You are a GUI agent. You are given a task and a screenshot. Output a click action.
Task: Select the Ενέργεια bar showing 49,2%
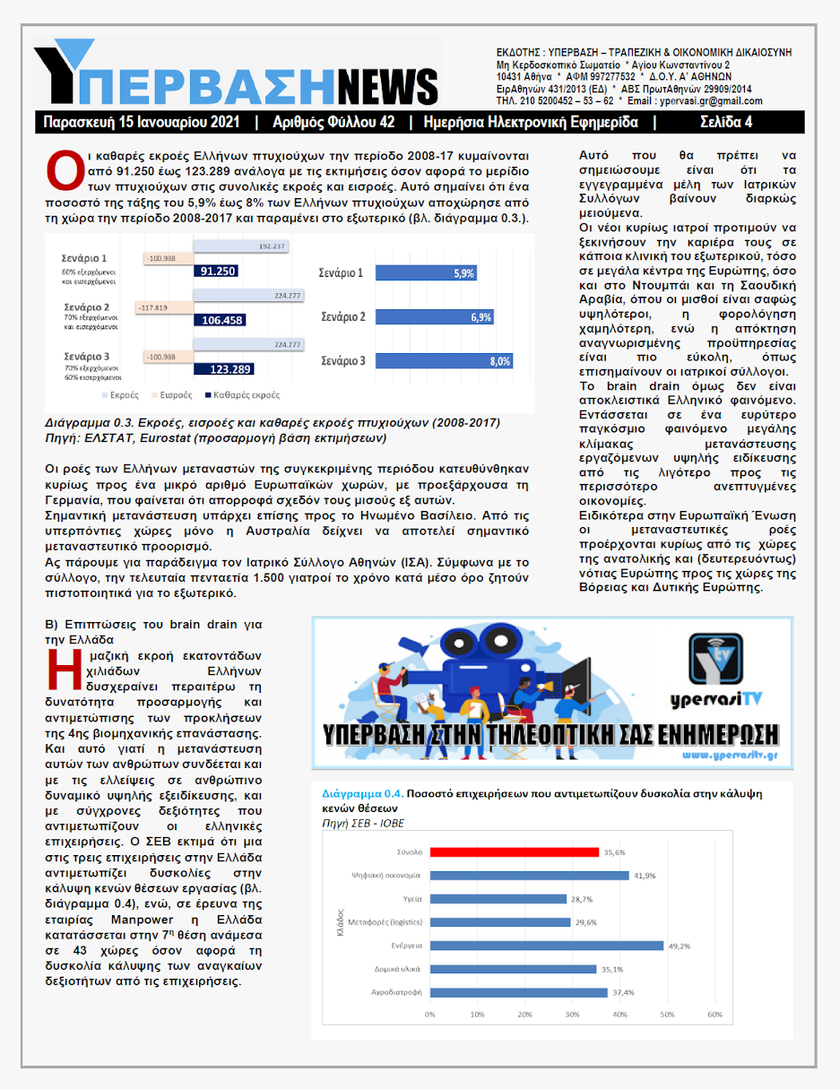click(547, 945)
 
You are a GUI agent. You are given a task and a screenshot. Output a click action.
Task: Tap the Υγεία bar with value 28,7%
click(498, 898)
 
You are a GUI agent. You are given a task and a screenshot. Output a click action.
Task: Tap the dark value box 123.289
click(229, 368)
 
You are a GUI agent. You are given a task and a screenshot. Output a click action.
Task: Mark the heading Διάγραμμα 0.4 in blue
click(361, 794)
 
